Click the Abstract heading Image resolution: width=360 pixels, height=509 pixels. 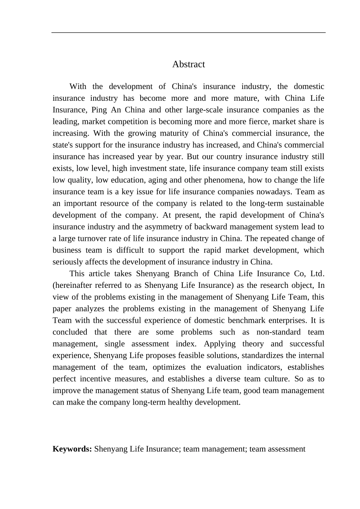point(188,64)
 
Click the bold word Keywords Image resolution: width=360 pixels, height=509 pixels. point(72,449)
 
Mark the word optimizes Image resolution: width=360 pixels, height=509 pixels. point(169,367)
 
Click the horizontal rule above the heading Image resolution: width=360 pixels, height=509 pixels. point(188,33)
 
